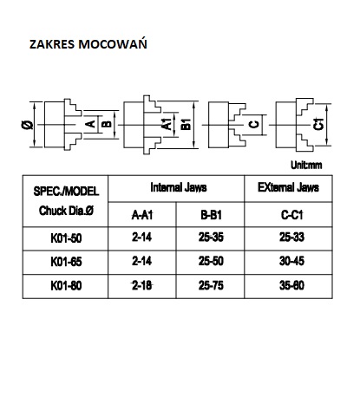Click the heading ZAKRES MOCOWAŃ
tap(88, 44)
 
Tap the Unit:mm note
tap(306, 165)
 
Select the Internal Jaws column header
tap(179, 187)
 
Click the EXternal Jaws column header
tap(288, 187)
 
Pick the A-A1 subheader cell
tap(142, 215)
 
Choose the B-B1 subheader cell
tap(211, 215)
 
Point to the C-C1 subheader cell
tap(291, 215)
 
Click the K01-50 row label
tap(66, 238)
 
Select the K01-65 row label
tap(66, 262)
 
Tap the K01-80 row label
tap(66, 286)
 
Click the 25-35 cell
tap(211, 238)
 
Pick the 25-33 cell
tap(291, 238)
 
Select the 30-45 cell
tap(291, 261)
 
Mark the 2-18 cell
tap(142, 285)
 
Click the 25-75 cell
tap(211, 285)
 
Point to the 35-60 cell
tap(291, 285)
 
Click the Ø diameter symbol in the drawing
tap(28, 125)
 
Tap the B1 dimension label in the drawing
tap(186, 124)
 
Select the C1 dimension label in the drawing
tap(318, 124)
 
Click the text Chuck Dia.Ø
tap(66, 211)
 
